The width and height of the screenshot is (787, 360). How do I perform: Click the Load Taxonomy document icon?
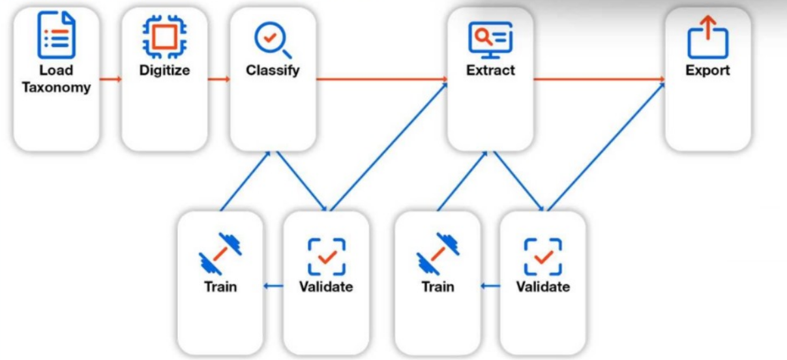tap(56, 36)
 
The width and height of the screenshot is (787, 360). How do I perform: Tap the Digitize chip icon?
tap(164, 36)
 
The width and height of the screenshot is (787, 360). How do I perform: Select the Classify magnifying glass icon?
tap(272, 40)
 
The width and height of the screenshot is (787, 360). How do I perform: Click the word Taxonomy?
tap(56, 87)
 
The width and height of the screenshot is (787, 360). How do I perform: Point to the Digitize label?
tap(164, 70)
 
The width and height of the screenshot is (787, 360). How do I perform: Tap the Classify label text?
tap(273, 70)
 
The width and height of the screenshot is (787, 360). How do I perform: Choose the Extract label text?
tap(490, 70)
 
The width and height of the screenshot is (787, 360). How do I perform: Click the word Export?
tap(707, 70)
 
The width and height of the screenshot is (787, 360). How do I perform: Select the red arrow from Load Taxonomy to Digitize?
tap(111, 80)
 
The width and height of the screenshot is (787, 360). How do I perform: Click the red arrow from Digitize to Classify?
tap(219, 80)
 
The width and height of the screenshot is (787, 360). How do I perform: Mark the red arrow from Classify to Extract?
tap(381, 80)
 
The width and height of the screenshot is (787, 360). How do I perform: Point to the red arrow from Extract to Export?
tap(599, 80)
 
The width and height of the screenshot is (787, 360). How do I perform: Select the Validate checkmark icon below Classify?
tap(326, 256)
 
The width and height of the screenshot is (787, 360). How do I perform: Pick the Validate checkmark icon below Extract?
tap(543, 256)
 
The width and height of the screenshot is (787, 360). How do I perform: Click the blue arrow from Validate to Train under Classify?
tap(273, 286)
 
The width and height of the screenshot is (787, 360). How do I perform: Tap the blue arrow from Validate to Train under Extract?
tap(490, 286)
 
